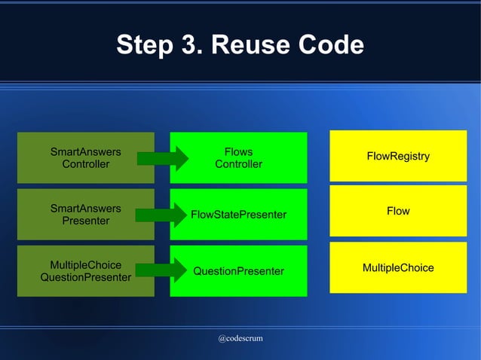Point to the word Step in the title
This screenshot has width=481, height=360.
pyautogui.click(x=143, y=45)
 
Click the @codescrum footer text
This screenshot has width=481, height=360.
pyautogui.click(x=240, y=338)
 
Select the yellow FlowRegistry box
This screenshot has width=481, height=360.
pyautogui.click(x=398, y=156)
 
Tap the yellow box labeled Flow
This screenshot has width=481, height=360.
pyautogui.click(x=398, y=211)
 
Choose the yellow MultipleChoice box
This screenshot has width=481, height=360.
pyautogui.click(x=398, y=267)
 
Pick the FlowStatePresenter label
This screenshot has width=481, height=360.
pyautogui.click(x=238, y=215)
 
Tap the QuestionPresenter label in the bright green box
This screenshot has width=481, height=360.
pyautogui.click(x=238, y=271)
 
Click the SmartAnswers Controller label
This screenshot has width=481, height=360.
pyautogui.click(x=85, y=157)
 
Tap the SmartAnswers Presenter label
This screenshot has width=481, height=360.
pyautogui.click(x=85, y=214)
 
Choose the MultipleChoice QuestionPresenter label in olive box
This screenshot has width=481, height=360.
pyautogui.click(x=85, y=271)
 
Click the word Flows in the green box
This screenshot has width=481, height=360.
pyautogui.click(x=238, y=151)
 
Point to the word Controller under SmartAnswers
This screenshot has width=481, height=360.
pyautogui.click(x=85, y=164)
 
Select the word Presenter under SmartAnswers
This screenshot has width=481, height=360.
pyautogui.click(x=85, y=221)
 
